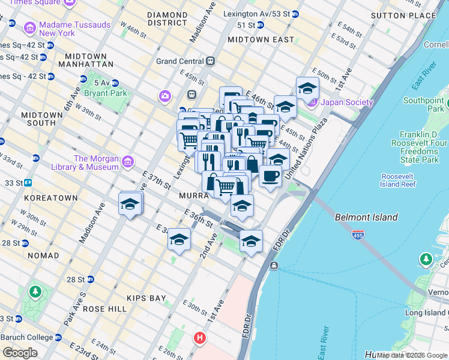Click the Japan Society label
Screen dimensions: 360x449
coord(346,102)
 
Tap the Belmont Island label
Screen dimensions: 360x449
coord(366,217)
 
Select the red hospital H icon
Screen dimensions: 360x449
coord(200,338)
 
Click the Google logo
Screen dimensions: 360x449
coord(20,353)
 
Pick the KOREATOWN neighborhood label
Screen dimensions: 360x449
coord(51,197)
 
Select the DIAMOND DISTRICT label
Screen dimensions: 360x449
coord(167,19)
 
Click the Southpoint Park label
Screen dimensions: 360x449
coord(423,104)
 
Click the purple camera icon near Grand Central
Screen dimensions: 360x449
coord(164,96)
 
